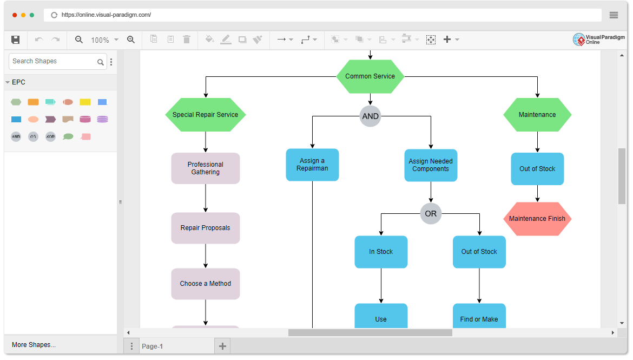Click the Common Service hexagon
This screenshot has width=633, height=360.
370,76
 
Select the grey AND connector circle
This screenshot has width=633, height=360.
370,116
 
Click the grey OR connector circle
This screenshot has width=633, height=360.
431,214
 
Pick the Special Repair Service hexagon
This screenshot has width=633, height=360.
206,115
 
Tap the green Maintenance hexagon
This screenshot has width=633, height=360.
537,115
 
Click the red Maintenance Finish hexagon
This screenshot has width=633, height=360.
537,219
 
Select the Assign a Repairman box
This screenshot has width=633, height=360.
312,165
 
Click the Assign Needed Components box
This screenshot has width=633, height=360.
431,165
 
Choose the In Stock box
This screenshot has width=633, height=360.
381,252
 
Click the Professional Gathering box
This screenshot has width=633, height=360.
206,168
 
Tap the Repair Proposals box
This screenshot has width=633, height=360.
206,228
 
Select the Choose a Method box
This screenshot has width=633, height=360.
206,284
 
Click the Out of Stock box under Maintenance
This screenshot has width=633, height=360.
537,169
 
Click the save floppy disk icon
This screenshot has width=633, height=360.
16,40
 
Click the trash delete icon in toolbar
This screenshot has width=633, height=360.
187,40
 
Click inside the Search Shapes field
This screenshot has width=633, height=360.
53,61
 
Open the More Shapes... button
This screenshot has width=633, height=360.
34,345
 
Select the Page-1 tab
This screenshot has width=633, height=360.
152,346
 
